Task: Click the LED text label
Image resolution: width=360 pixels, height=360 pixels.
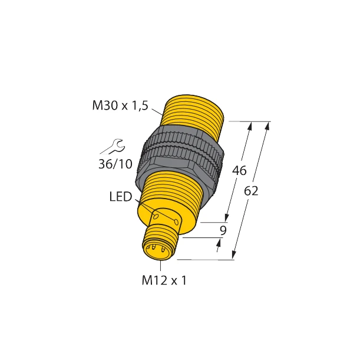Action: click(x=121, y=197)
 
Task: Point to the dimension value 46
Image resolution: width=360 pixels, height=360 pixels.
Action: click(x=239, y=171)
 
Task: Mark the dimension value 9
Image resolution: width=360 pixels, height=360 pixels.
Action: click(x=222, y=230)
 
